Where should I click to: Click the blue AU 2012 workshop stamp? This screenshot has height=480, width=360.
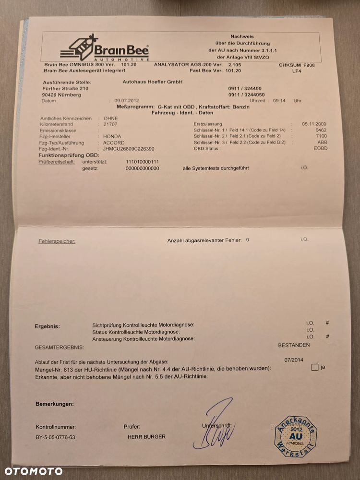pyautogui.click(x=295, y=438)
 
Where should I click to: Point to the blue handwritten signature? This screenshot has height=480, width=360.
pyautogui.click(x=215, y=426)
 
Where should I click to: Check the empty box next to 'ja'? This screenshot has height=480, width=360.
pyautogui.click(x=315, y=368)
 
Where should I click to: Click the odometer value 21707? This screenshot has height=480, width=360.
pyautogui.click(x=110, y=124)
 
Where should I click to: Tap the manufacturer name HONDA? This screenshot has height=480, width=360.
pyautogui.click(x=112, y=136)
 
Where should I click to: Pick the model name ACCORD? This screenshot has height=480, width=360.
pyautogui.click(x=114, y=143)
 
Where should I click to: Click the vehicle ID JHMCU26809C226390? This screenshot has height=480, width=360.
pyautogui.click(x=129, y=149)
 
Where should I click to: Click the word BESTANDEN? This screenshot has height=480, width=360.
pyautogui.click(x=294, y=345)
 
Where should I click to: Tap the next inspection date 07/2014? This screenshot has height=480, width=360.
pyautogui.click(x=294, y=360)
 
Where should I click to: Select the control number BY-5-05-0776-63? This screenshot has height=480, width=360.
pyautogui.click(x=55, y=437)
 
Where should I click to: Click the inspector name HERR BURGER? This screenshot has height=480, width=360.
pyautogui.click(x=146, y=437)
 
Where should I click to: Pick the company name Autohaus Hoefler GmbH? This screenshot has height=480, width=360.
pyautogui.click(x=146, y=82)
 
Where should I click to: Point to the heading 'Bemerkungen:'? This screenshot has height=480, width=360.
pyautogui.click(x=55, y=404)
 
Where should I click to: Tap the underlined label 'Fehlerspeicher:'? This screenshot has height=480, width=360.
pyautogui.click(x=57, y=241)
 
